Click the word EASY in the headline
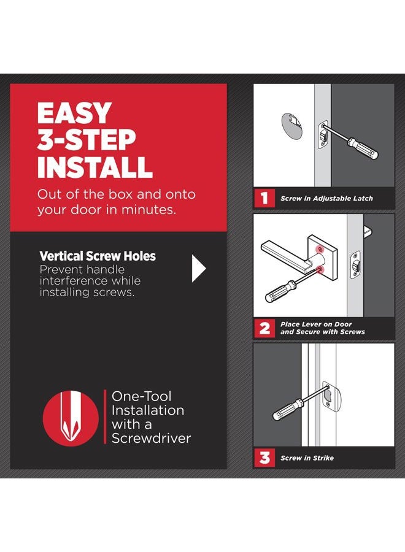click(75, 113)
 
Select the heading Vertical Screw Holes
click(98, 256)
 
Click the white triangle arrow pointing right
click(199, 269)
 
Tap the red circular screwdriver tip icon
click(71, 418)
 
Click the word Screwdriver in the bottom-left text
click(152, 439)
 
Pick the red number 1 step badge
click(264, 198)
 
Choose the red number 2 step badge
click(264, 328)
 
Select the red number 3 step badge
click(264, 458)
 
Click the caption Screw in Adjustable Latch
click(326, 199)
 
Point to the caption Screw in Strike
click(307, 458)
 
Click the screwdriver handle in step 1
click(363, 148)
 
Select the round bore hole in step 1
click(292, 126)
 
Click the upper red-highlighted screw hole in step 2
click(320, 249)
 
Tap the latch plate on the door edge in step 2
click(355, 265)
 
